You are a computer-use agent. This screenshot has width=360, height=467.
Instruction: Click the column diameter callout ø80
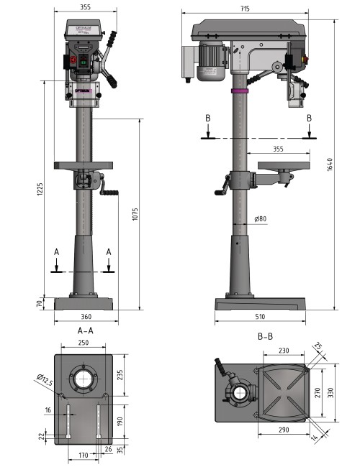click(x=261, y=219)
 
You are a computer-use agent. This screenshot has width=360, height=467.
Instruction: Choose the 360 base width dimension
click(x=86, y=316)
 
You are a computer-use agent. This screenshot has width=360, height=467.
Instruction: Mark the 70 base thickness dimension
click(x=40, y=302)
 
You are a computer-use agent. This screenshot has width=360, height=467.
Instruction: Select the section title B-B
click(x=264, y=336)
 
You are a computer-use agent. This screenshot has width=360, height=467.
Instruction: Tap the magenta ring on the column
click(x=239, y=91)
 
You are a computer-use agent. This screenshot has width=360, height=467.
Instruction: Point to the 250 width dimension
click(x=86, y=344)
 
